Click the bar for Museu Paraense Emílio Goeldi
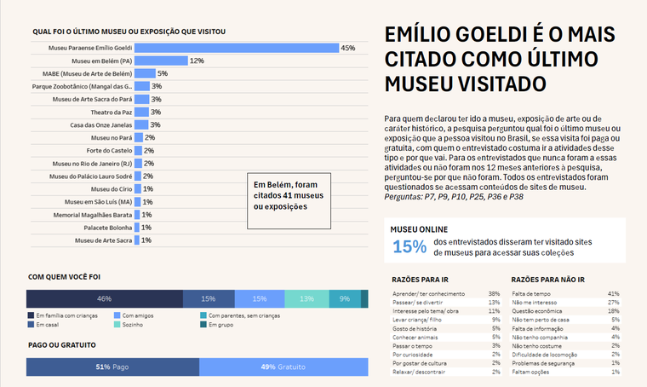coord(236,48)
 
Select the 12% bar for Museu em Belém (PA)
coord(161,61)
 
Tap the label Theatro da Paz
coord(112,113)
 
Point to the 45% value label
coord(347,48)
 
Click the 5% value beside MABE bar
coord(162,74)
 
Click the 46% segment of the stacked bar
coord(105,299)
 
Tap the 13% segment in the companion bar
coord(306,299)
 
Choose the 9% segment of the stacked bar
coord(344,299)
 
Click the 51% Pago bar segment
coord(112,367)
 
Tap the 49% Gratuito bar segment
coord(283,367)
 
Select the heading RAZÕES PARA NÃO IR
coord(547,280)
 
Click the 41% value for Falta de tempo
coord(613,293)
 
